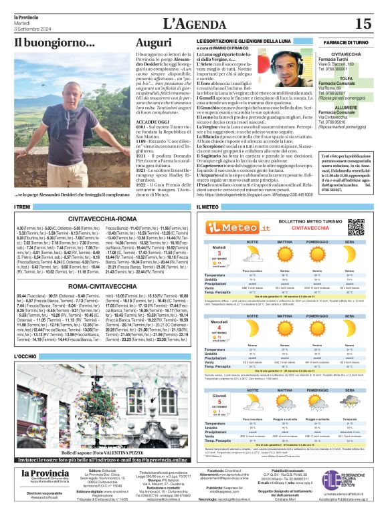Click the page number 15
tap(363, 23)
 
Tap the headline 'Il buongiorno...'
tap(55, 44)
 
